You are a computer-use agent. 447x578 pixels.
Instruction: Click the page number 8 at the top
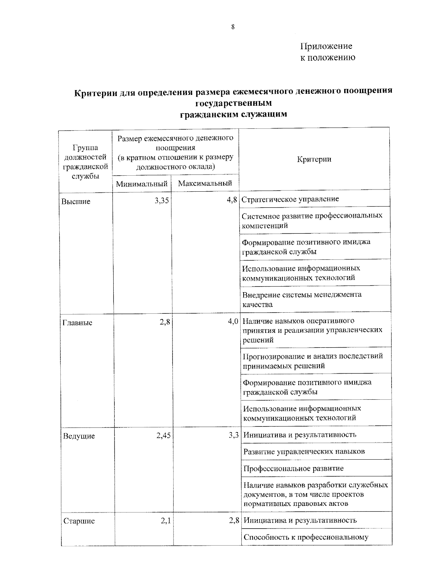pos(232,26)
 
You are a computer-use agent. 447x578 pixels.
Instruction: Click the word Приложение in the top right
pos(326,46)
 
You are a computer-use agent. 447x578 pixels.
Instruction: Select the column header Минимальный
pos(142,183)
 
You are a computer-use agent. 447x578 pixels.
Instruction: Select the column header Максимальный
pos(205,183)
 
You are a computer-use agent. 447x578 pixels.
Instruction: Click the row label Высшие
pos(76,202)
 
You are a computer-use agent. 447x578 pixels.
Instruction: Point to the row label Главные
pos(77,323)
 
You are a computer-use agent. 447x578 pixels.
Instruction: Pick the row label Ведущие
pos(79,436)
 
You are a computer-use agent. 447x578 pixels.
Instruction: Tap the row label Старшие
pos(79,521)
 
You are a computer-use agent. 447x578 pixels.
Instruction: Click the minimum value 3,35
pos(162,201)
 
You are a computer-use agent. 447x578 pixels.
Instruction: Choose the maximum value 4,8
pos(232,200)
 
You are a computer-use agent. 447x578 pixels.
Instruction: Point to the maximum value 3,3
pos(234,435)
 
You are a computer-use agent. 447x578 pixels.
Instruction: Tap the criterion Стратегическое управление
pos(290,199)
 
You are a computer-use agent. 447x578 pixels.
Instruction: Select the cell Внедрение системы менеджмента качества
pos(302,299)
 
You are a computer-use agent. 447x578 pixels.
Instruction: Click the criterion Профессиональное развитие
pos(294,468)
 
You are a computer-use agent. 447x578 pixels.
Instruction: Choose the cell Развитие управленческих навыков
pos(304,451)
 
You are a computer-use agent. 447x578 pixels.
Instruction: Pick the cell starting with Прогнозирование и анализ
pos(313,361)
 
